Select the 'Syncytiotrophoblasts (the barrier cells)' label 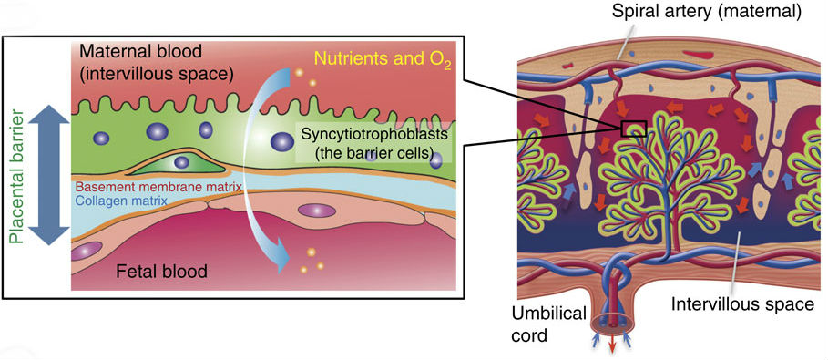(x=377, y=144)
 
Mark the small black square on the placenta (x=633, y=129)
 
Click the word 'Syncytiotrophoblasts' (x=378, y=135)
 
